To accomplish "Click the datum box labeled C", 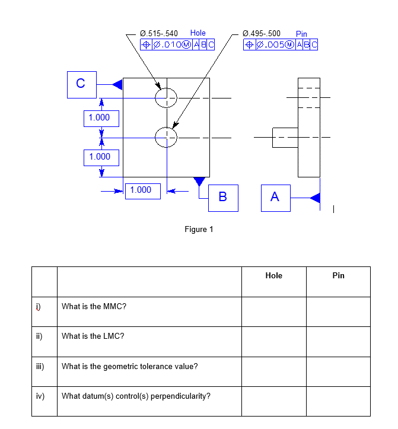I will pyautogui.click(x=81, y=84).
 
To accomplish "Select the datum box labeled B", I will pyautogui.click(x=223, y=197).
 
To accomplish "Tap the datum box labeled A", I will pyautogui.click(x=275, y=197).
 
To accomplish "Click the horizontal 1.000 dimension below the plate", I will pyautogui.click(x=141, y=190).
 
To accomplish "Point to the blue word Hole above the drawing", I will pyautogui.click(x=198, y=33).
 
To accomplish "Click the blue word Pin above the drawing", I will pyautogui.click(x=301, y=34).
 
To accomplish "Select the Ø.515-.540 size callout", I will pyautogui.click(x=158, y=33).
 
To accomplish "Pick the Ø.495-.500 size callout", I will pyautogui.click(x=262, y=33).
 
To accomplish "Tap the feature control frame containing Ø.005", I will pyautogui.click(x=281, y=44).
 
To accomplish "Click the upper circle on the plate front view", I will pyautogui.click(x=166, y=98).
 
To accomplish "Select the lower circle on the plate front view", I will pyautogui.click(x=166, y=138).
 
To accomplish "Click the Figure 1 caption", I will pyautogui.click(x=199, y=230).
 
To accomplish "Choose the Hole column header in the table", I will pyautogui.click(x=273, y=276).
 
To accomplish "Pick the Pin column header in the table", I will pyautogui.click(x=338, y=276).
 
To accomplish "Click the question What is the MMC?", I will pyautogui.click(x=94, y=307).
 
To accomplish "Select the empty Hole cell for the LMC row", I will pyautogui.click(x=273, y=341).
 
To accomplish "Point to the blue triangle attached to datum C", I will pyautogui.click(x=117, y=84).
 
